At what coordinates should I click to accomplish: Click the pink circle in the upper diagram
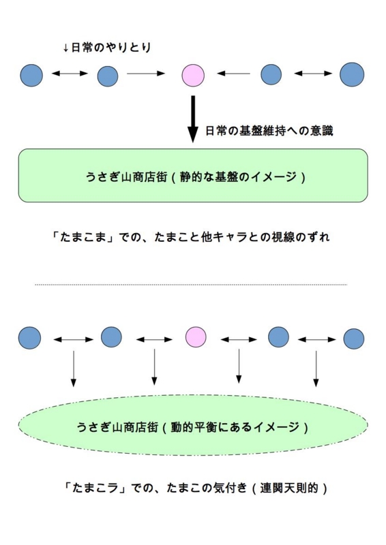(x=193, y=75)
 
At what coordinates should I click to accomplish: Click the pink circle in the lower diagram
(x=195, y=337)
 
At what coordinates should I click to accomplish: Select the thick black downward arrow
(x=193, y=119)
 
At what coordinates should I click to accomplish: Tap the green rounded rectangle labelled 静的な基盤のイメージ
(x=193, y=176)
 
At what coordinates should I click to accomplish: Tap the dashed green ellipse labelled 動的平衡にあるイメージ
(x=193, y=425)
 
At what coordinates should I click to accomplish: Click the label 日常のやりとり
(x=107, y=47)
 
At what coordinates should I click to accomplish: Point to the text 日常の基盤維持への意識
(x=269, y=131)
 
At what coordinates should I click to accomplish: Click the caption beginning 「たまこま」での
(x=190, y=237)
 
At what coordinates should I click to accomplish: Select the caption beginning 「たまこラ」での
(x=195, y=488)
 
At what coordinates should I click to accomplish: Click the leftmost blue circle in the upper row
(x=31, y=75)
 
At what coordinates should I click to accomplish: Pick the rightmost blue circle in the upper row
(x=352, y=74)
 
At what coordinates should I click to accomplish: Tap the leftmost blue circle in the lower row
(x=29, y=338)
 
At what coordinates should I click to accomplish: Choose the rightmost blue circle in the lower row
(x=354, y=339)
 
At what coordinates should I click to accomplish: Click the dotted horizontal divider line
(x=191, y=285)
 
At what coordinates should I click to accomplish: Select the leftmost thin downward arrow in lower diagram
(x=73, y=369)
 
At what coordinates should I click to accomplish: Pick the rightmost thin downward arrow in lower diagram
(x=316, y=369)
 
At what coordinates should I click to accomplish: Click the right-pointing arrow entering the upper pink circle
(x=146, y=74)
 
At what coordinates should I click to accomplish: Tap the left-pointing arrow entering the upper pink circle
(x=233, y=74)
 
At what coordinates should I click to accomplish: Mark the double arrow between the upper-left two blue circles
(x=70, y=73)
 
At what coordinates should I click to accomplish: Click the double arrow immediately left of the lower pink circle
(x=154, y=339)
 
